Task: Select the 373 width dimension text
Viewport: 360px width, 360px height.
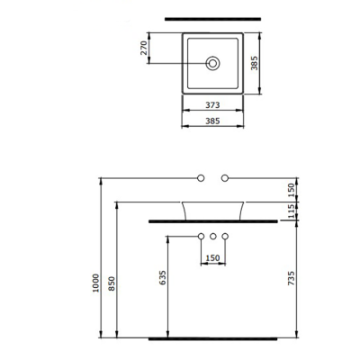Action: pyautogui.click(x=213, y=105)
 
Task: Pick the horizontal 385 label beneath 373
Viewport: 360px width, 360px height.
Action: pyautogui.click(x=213, y=121)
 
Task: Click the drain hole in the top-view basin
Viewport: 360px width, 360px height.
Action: pyautogui.click(x=213, y=64)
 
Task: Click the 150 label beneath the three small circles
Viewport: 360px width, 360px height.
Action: pyautogui.click(x=213, y=257)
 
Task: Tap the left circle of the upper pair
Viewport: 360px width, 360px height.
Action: pyautogui.click(x=202, y=176)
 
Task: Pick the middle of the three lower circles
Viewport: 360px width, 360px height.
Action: pyautogui.click(x=213, y=237)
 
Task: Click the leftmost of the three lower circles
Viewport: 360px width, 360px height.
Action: pyautogui.click(x=202, y=237)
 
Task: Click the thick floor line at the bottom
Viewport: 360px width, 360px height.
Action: pyautogui.click(x=213, y=340)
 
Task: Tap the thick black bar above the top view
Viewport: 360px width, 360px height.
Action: pyautogui.click(x=213, y=17)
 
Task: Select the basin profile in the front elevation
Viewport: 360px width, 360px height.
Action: pyautogui.click(x=213, y=210)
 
